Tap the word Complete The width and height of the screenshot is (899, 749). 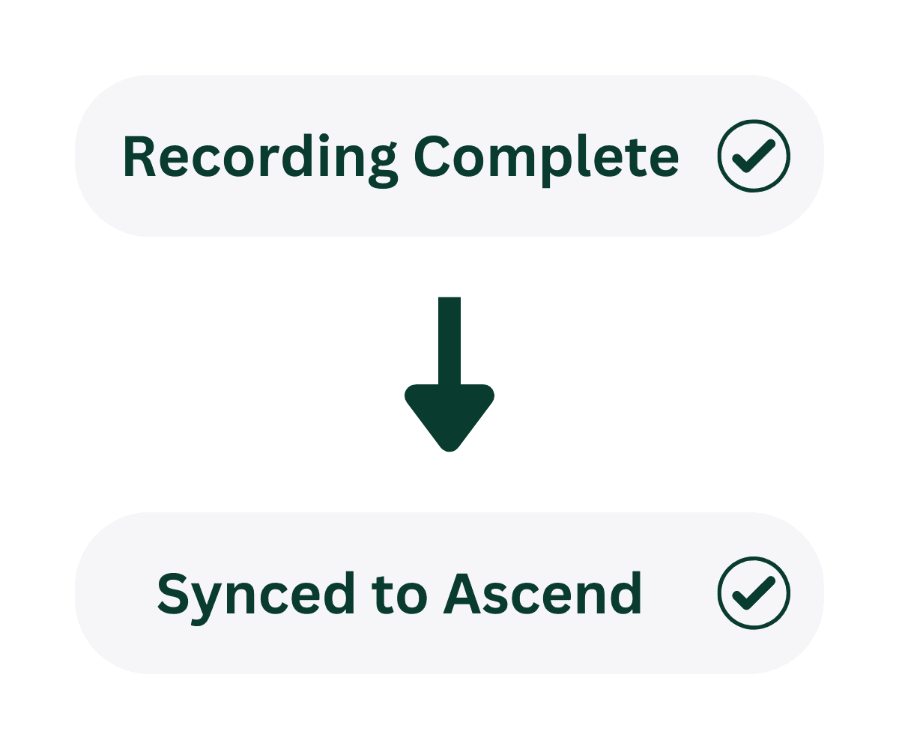[547, 157]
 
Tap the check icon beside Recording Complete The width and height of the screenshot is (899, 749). [753, 156]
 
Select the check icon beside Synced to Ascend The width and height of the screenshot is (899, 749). [753, 593]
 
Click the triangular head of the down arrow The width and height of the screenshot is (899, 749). [449, 416]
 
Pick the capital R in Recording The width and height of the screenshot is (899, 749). [139, 157]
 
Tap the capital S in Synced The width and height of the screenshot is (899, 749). [173, 594]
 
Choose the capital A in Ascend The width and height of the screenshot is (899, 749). [462, 594]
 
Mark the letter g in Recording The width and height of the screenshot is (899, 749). [383, 165]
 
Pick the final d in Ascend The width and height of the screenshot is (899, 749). [628, 593]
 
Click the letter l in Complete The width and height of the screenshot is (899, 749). [581, 156]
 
